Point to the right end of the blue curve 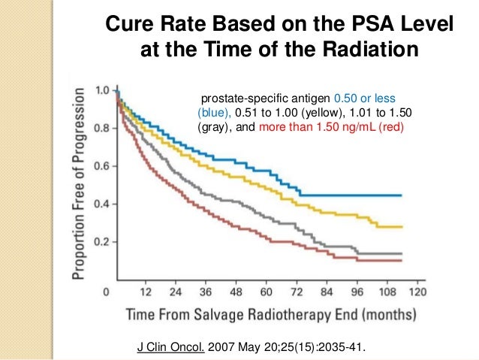(x=402, y=195)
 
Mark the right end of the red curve (x=402, y=260)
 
